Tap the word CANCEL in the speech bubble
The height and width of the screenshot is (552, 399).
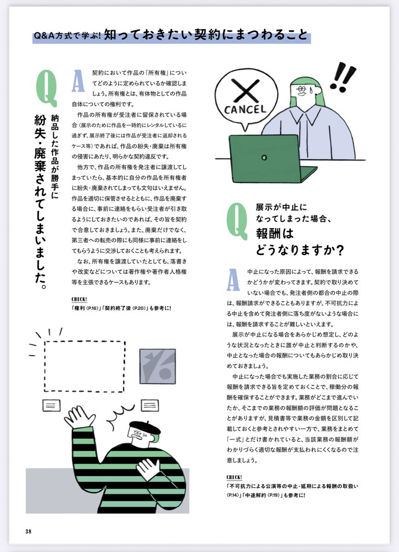(x=246, y=109)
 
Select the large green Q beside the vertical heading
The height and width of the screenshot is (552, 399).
(x=46, y=87)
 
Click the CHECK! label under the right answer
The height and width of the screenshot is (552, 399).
(x=234, y=476)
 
